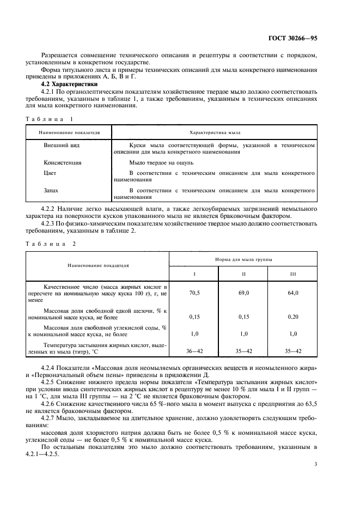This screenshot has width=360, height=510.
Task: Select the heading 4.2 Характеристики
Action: tap(69, 84)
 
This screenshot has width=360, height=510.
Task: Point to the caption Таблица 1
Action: tap(49, 118)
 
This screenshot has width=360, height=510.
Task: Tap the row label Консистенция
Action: tap(62, 162)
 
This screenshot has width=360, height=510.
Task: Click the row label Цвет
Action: tap(50, 173)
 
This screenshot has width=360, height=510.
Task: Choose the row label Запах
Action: tap(51, 191)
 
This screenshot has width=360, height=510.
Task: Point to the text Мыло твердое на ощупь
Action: tap(161, 162)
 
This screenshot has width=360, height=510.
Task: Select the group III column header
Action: tap(293, 274)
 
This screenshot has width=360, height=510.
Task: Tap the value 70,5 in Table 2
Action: tap(194, 293)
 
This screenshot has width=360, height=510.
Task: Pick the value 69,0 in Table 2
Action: tap(243, 293)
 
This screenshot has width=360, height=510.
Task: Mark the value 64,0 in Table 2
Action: tap(293, 293)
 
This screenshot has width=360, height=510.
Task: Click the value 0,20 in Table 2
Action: tap(293, 316)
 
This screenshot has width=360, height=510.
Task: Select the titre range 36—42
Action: tap(194, 352)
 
